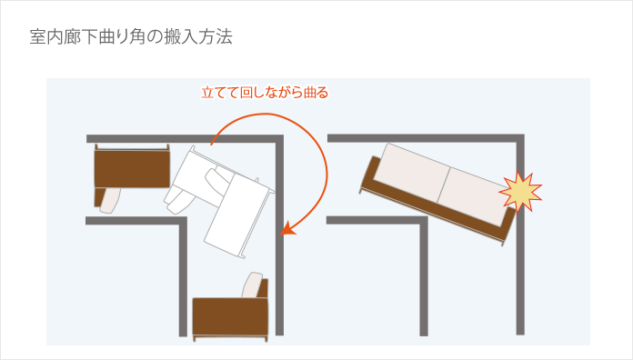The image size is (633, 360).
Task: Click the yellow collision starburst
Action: pos(519,191)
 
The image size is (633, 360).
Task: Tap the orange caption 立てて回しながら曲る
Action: pos(264,93)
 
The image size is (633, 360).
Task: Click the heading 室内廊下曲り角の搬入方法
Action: pos(131,38)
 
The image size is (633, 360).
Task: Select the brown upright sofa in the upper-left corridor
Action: pos(133,168)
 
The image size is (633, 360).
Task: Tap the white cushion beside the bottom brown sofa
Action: pos(255,285)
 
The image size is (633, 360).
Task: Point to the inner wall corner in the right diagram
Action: pos(424,221)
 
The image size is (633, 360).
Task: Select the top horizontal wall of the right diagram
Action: pos(423,138)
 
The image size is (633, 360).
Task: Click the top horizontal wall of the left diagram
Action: pos(182,138)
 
